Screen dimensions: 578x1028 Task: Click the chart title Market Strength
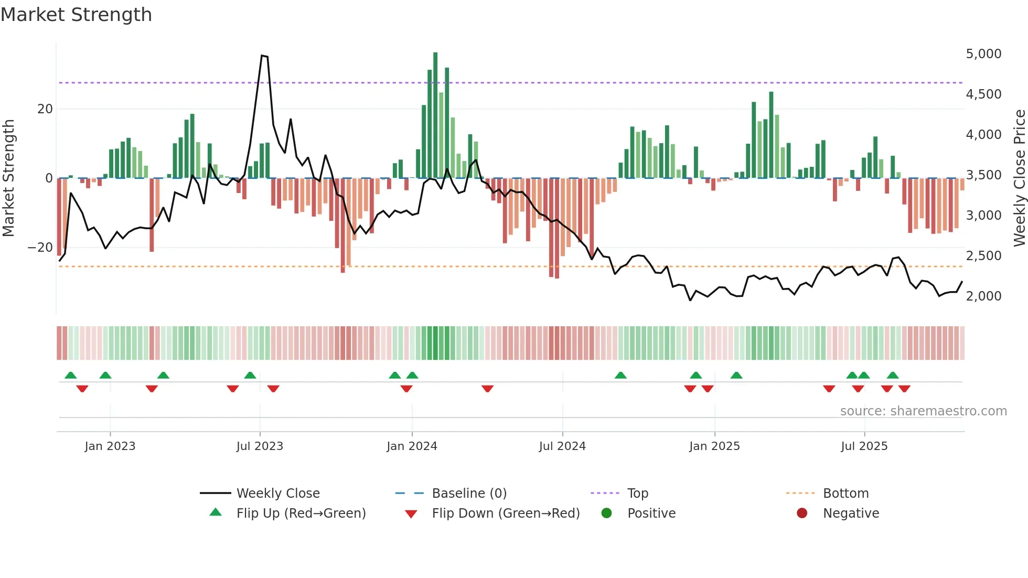[x=76, y=15]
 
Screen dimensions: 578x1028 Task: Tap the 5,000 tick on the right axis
[x=983, y=54]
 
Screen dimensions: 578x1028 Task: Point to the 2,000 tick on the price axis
[x=983, y=296]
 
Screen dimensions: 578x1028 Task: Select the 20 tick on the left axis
[x=45, y=109]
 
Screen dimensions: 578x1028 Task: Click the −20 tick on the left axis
[x=40, y=248]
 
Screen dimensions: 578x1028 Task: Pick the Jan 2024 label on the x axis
[x=412, y=446]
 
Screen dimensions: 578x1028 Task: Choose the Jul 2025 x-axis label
[x=864, y=446]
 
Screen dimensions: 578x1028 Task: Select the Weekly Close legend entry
[x=278, y=494]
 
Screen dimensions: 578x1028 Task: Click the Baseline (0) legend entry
[x=469, y=494]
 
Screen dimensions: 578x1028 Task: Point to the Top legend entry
[x=638, y=494]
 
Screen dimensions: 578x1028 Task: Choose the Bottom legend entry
[x=845, y=494]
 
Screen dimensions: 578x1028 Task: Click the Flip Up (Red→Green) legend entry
[x=301, y=513]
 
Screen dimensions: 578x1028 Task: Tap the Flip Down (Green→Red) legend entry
[x=506, y=513]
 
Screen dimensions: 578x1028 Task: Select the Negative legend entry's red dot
[x=802, y=513]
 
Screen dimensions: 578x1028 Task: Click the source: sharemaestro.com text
[x=923, y=411]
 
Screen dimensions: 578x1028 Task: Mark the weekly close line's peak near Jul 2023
[x=262, y=56]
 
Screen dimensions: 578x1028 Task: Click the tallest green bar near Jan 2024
[x=435, y=115]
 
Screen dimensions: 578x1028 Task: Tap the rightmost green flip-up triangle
[x=893, y=376]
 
